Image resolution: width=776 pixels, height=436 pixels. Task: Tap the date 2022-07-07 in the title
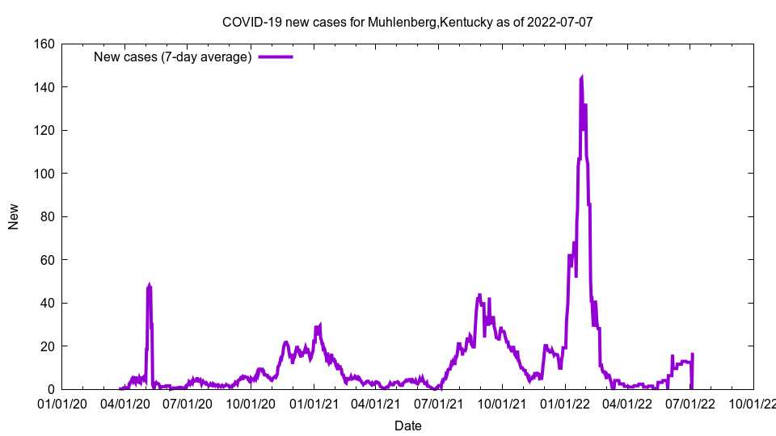click(x=559, y=22)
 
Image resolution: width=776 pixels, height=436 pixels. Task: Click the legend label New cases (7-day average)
click(x=172, y=57)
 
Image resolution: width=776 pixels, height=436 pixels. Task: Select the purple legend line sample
click(x=275, y=57)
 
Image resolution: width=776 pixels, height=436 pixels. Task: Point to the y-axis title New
click(x=14, y=216)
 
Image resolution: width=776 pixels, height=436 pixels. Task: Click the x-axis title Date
click(x=407, y=426)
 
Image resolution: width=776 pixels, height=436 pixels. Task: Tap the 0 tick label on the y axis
click(x=50, y=389)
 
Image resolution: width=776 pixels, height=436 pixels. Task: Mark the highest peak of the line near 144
click(x=582, y=78)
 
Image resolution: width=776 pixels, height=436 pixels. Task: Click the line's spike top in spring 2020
click(x=150, y=286)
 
